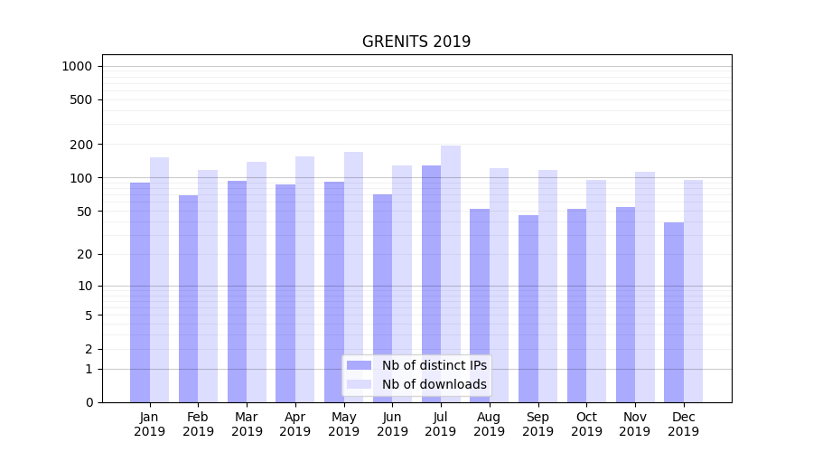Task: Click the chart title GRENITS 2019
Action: point(416,42)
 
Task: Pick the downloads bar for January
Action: point(159,279)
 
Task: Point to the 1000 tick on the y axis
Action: point(77,66)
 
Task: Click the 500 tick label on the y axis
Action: point(80,99)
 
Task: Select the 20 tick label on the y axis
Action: point(84,254)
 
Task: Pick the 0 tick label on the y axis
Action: point(88,402)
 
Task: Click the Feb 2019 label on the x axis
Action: point(198,424)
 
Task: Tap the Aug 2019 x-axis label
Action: point(490,424)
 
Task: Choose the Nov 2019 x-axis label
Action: point(635,424)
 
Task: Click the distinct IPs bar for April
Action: point(285,293)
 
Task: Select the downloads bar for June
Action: point(402,284)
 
